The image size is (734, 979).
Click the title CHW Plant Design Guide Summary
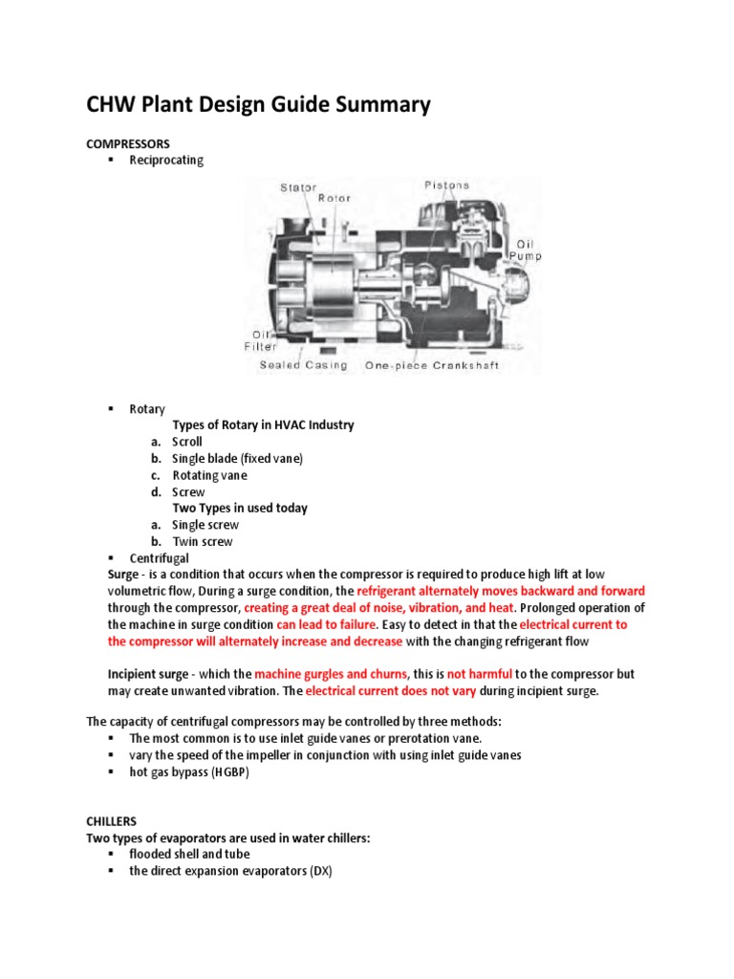(x=258, y=104)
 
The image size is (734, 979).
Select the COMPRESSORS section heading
(x=127, y=143)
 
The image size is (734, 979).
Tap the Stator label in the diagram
(x=298, y=187)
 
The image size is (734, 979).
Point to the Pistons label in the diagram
(x=446, y=185)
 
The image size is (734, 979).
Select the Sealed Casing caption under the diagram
(x=304, y=365)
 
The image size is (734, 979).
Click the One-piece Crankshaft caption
(x=432, y=365)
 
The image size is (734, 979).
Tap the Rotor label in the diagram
(x=334, y=199)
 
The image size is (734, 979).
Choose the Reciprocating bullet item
(x=166, y=161)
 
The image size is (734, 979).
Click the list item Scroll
(x=187, y=442)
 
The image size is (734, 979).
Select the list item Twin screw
(x=202, y=541)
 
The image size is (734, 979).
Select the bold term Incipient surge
(x=150, y=674)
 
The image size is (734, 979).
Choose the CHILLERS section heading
(x=112, y=821)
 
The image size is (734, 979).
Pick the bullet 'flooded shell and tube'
(x=189, y=854)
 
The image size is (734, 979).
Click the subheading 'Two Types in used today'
(x=239, y=508)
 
